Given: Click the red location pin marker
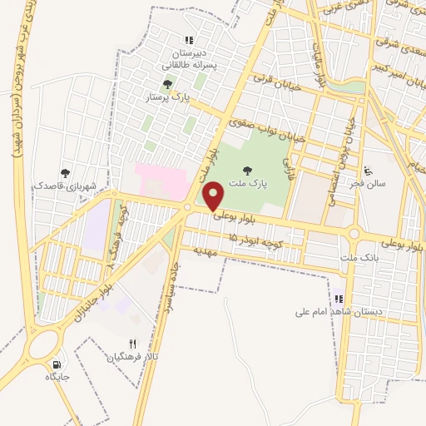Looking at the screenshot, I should (x=214, y=196).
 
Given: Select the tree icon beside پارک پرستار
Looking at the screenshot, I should (x=168, y=84).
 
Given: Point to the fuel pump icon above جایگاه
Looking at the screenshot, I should (x=57, y=363).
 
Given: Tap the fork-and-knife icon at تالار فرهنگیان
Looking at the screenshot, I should (x=131, y=344).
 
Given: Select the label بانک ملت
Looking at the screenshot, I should (x=359, y=260).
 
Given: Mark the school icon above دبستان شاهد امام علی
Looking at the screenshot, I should (x=338, y=299).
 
